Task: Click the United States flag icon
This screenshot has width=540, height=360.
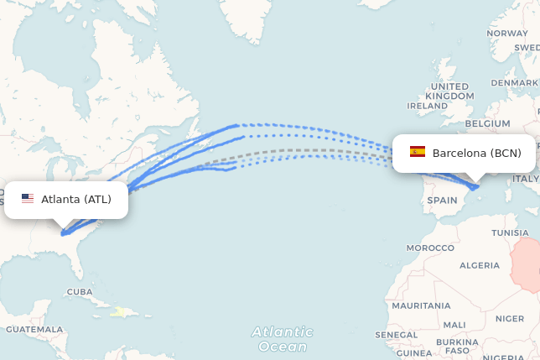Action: point(28,199)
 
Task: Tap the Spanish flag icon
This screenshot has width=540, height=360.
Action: point(418,152)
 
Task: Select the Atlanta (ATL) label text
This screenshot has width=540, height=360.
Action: point(76,199)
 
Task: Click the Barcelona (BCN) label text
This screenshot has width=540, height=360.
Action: point(476,153)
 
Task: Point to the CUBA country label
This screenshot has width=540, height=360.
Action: point(80,292)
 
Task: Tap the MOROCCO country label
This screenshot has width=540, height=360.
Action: point(430,248)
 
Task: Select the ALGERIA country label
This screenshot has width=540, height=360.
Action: point(480,265)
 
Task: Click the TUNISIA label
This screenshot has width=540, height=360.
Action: point(510,232)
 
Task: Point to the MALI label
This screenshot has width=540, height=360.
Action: point(454,325)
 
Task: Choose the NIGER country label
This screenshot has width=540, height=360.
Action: point(509,319)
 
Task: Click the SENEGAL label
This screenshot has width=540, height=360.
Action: point(397,335)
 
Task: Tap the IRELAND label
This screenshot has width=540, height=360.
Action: point(427,107)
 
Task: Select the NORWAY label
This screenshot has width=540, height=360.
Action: point(507,34)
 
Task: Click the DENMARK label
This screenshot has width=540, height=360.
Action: point(513,83)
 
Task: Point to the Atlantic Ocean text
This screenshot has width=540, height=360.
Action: point(283,339)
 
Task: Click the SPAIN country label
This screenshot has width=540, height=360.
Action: point(442,201)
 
